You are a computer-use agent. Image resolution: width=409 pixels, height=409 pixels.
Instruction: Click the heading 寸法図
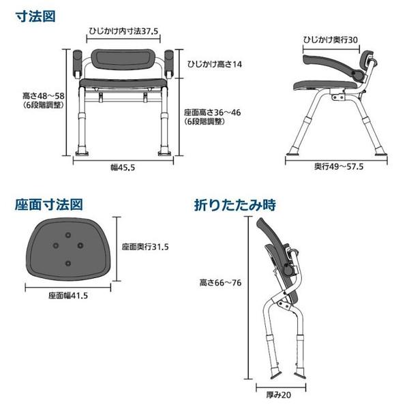[x=36, y=16]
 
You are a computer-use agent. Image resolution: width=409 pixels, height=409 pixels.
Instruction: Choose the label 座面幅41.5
[x=69, y=295]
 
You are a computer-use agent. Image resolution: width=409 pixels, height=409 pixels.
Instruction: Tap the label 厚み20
[x=281, y=393]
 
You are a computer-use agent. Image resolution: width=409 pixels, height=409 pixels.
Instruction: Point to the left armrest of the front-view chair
[x=77, y=62]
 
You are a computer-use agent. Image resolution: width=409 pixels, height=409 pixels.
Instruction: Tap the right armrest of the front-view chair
[x=169, y=62]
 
